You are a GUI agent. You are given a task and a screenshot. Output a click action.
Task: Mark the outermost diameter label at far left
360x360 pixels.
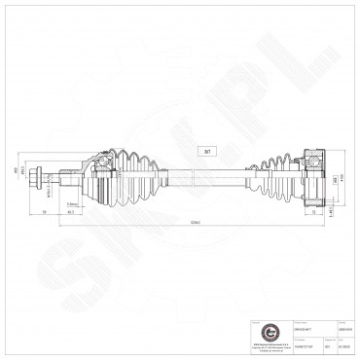[x=14, y=171]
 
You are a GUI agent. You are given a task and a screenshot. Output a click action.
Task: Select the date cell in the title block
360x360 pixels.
[x=343, y=343]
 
